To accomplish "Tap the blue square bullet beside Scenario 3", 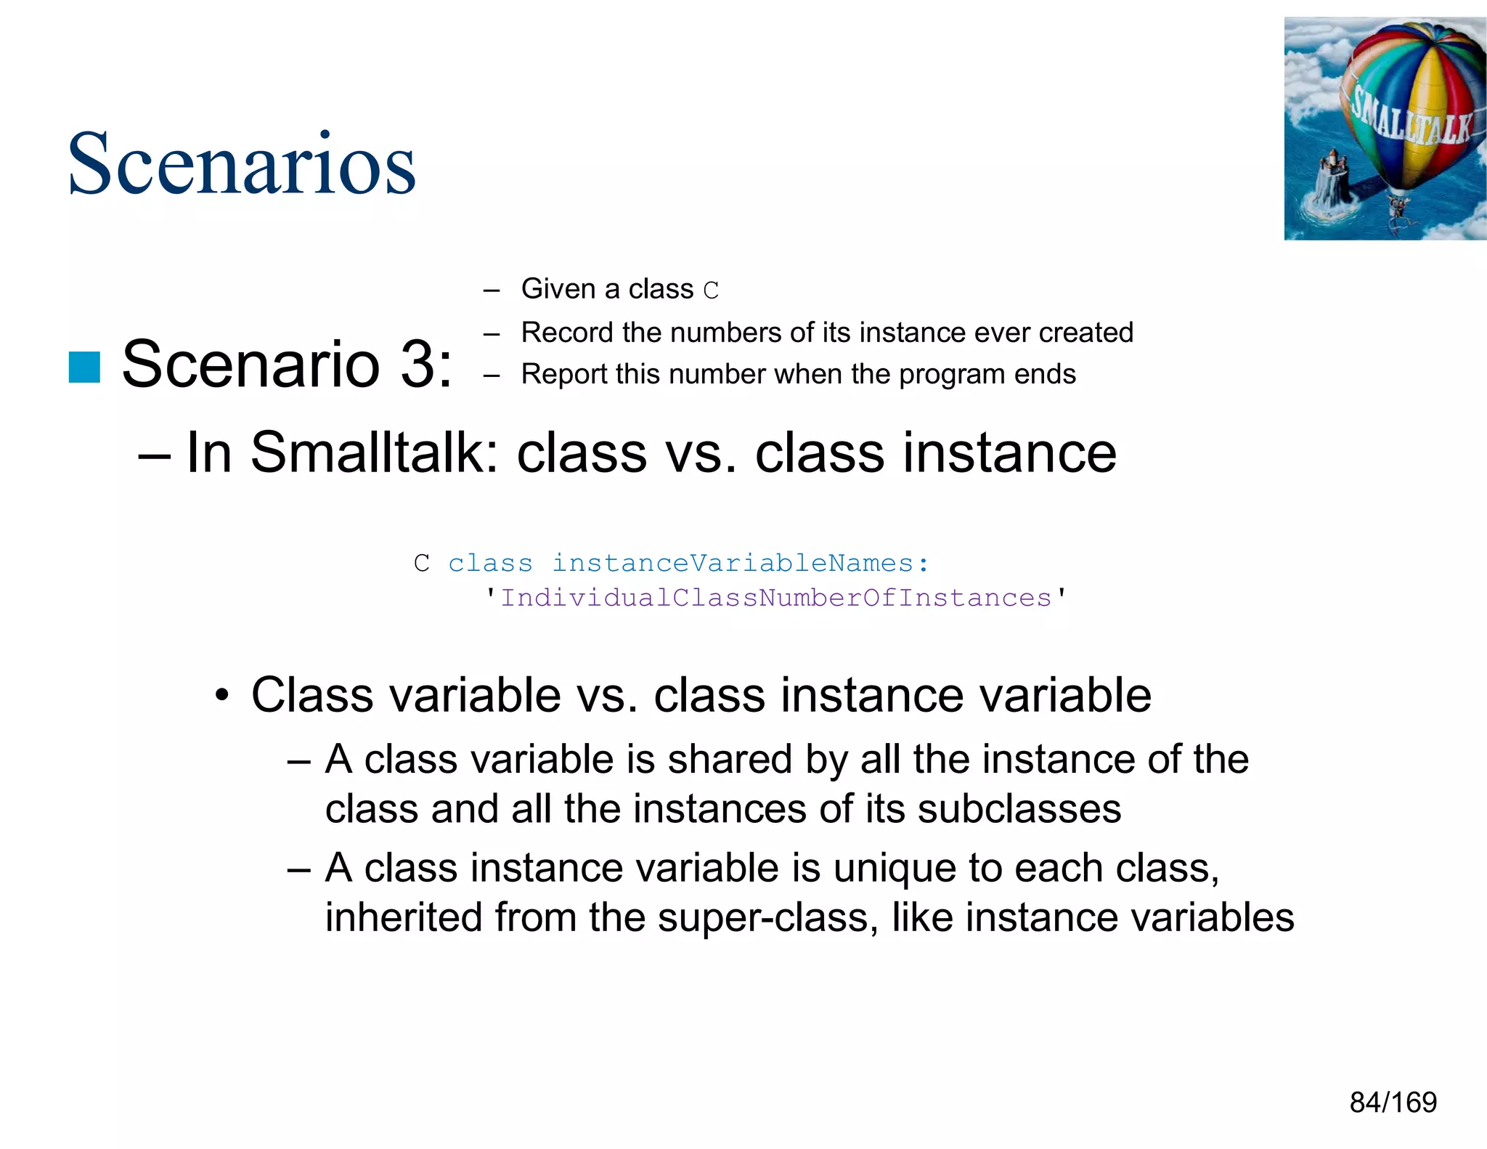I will [x=84, y=367].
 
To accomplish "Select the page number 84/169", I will [x=1393, y=1103].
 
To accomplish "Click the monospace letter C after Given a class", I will [x=711, y=291].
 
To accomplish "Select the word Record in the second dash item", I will [x=567, y=333].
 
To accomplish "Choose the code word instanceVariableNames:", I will [x=740, y=563].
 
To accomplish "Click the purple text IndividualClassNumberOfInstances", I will [x=775, y=598].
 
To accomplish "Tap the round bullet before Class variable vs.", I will [x=223, y=697].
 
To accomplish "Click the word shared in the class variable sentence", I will [x=729, y=760].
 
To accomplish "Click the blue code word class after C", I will [x=490, y=563].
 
